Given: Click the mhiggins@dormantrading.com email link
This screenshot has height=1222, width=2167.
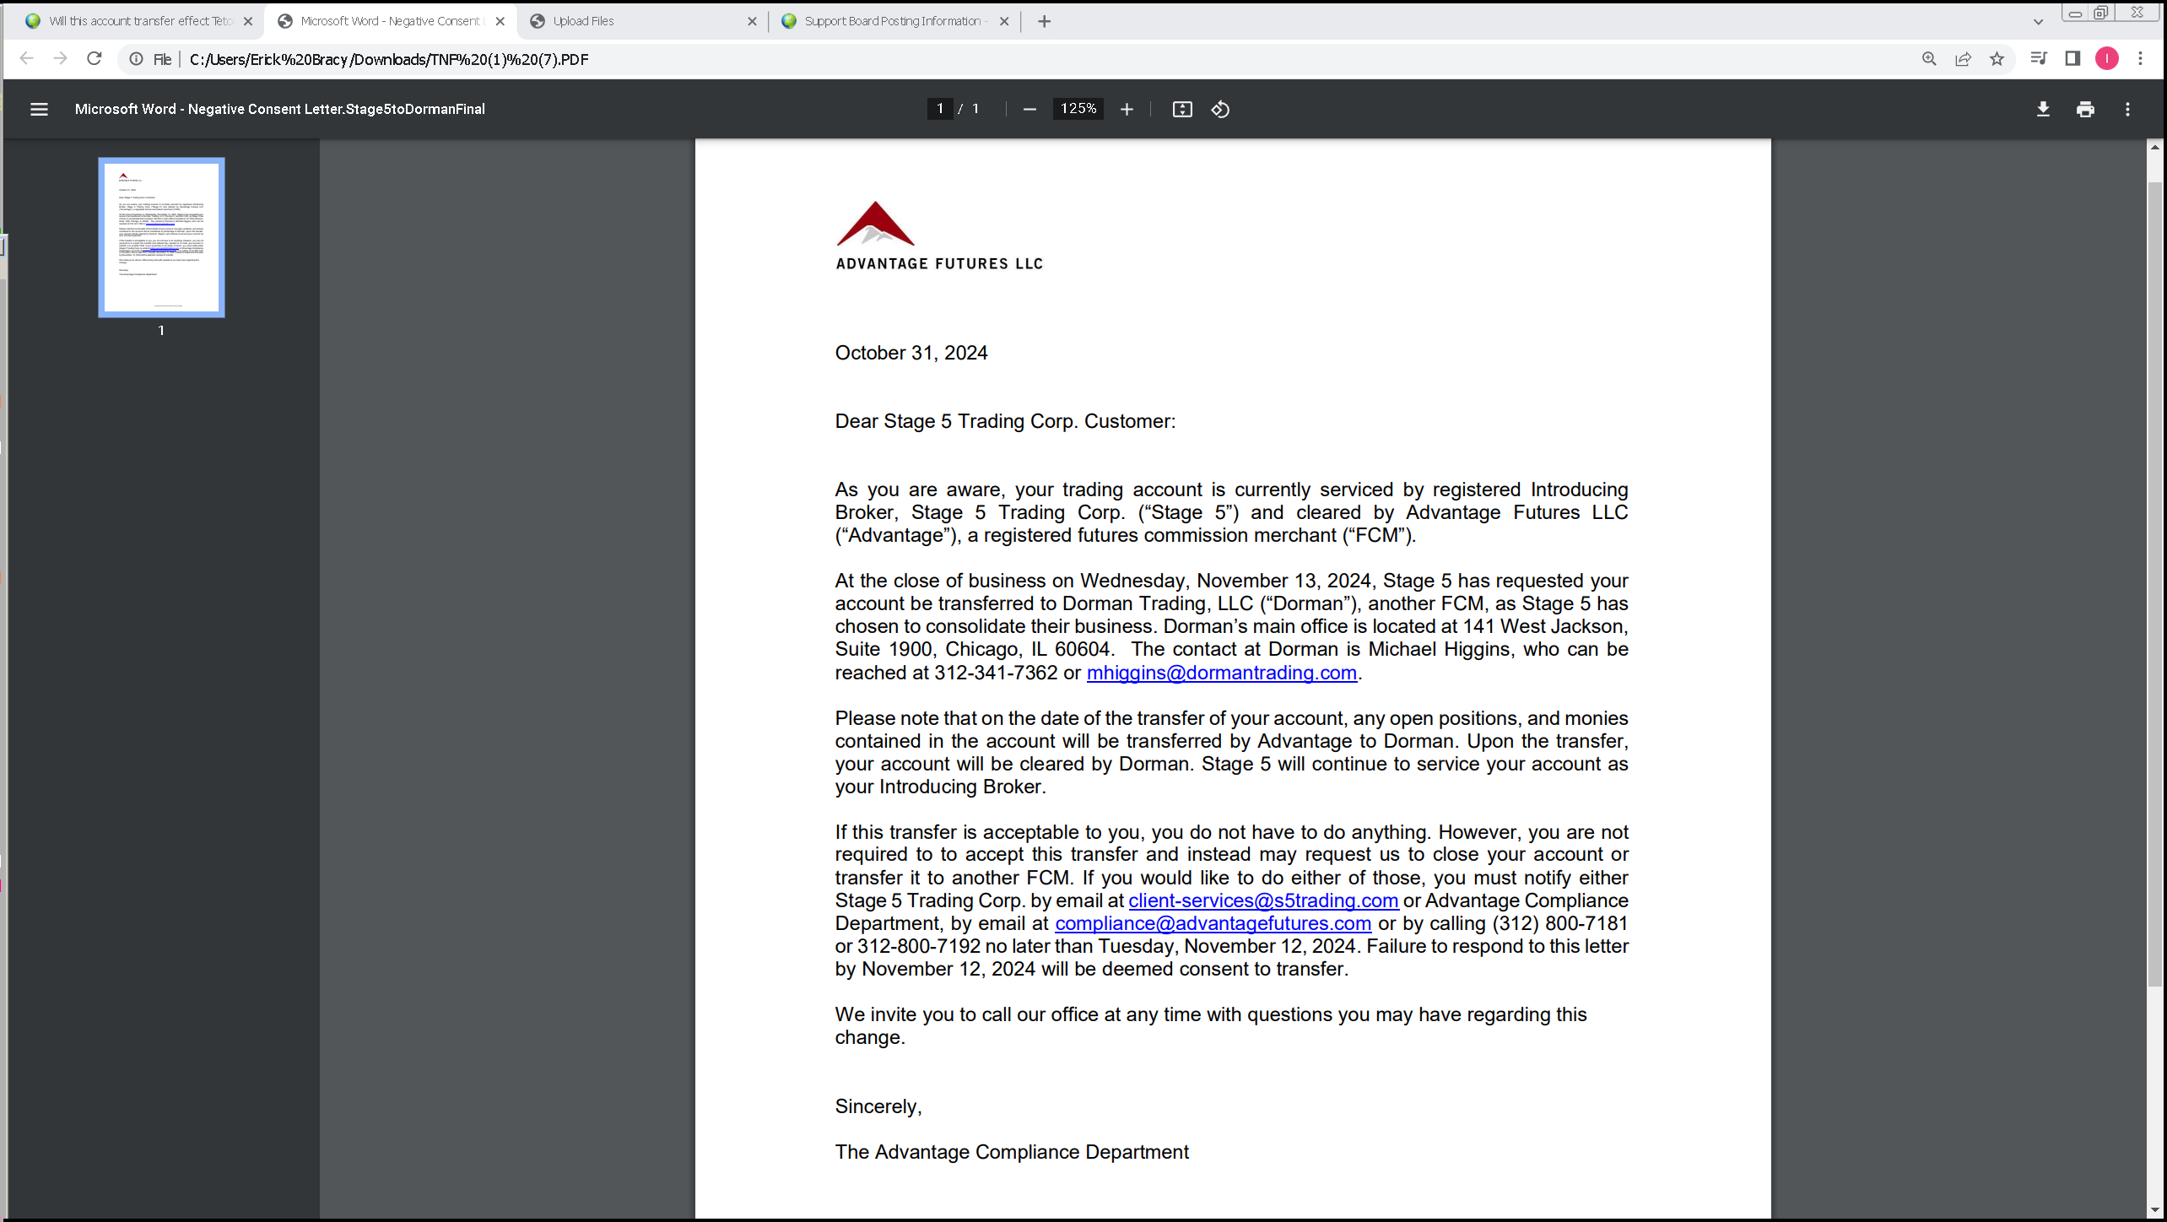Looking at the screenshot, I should click(x=1221, y=673).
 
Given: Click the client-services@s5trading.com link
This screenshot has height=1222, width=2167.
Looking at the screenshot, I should click(x=1262, y=900).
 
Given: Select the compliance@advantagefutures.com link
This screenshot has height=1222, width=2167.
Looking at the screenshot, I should click(x=1212, y=923).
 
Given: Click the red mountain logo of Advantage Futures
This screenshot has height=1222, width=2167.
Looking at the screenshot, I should click(x=875, y=224).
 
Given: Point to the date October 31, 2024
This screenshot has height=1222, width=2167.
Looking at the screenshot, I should click(x=911, y=353).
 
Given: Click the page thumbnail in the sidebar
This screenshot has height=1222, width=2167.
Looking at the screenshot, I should click(x=161, y=237).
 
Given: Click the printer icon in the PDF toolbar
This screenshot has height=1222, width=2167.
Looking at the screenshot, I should click(x=2085, y=109).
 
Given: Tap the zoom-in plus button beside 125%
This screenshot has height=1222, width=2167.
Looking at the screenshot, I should click(x=1127, y=109).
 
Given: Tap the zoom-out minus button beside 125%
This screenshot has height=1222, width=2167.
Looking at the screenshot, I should click(x=1029, y=109).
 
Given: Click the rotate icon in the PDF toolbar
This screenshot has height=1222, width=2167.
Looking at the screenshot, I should click(x=1220, y=109).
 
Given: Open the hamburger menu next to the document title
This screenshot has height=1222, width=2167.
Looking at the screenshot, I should click(x=39, y=109).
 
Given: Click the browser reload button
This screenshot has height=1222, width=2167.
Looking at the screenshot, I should click(x=95, y=58).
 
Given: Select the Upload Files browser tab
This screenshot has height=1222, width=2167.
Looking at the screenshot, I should click(x=641, y=21).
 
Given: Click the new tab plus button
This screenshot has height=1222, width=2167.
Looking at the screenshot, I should click(x=1044, y=21).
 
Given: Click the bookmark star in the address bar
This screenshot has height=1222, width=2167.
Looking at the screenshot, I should click(x=1997, y=58).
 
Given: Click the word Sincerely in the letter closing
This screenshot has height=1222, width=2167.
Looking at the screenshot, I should click(x=878, y=1106).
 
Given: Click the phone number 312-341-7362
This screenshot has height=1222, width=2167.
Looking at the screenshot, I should click(x=995, y=673).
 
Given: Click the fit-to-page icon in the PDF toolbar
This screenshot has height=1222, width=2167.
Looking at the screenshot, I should click(x=1181, y=109).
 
